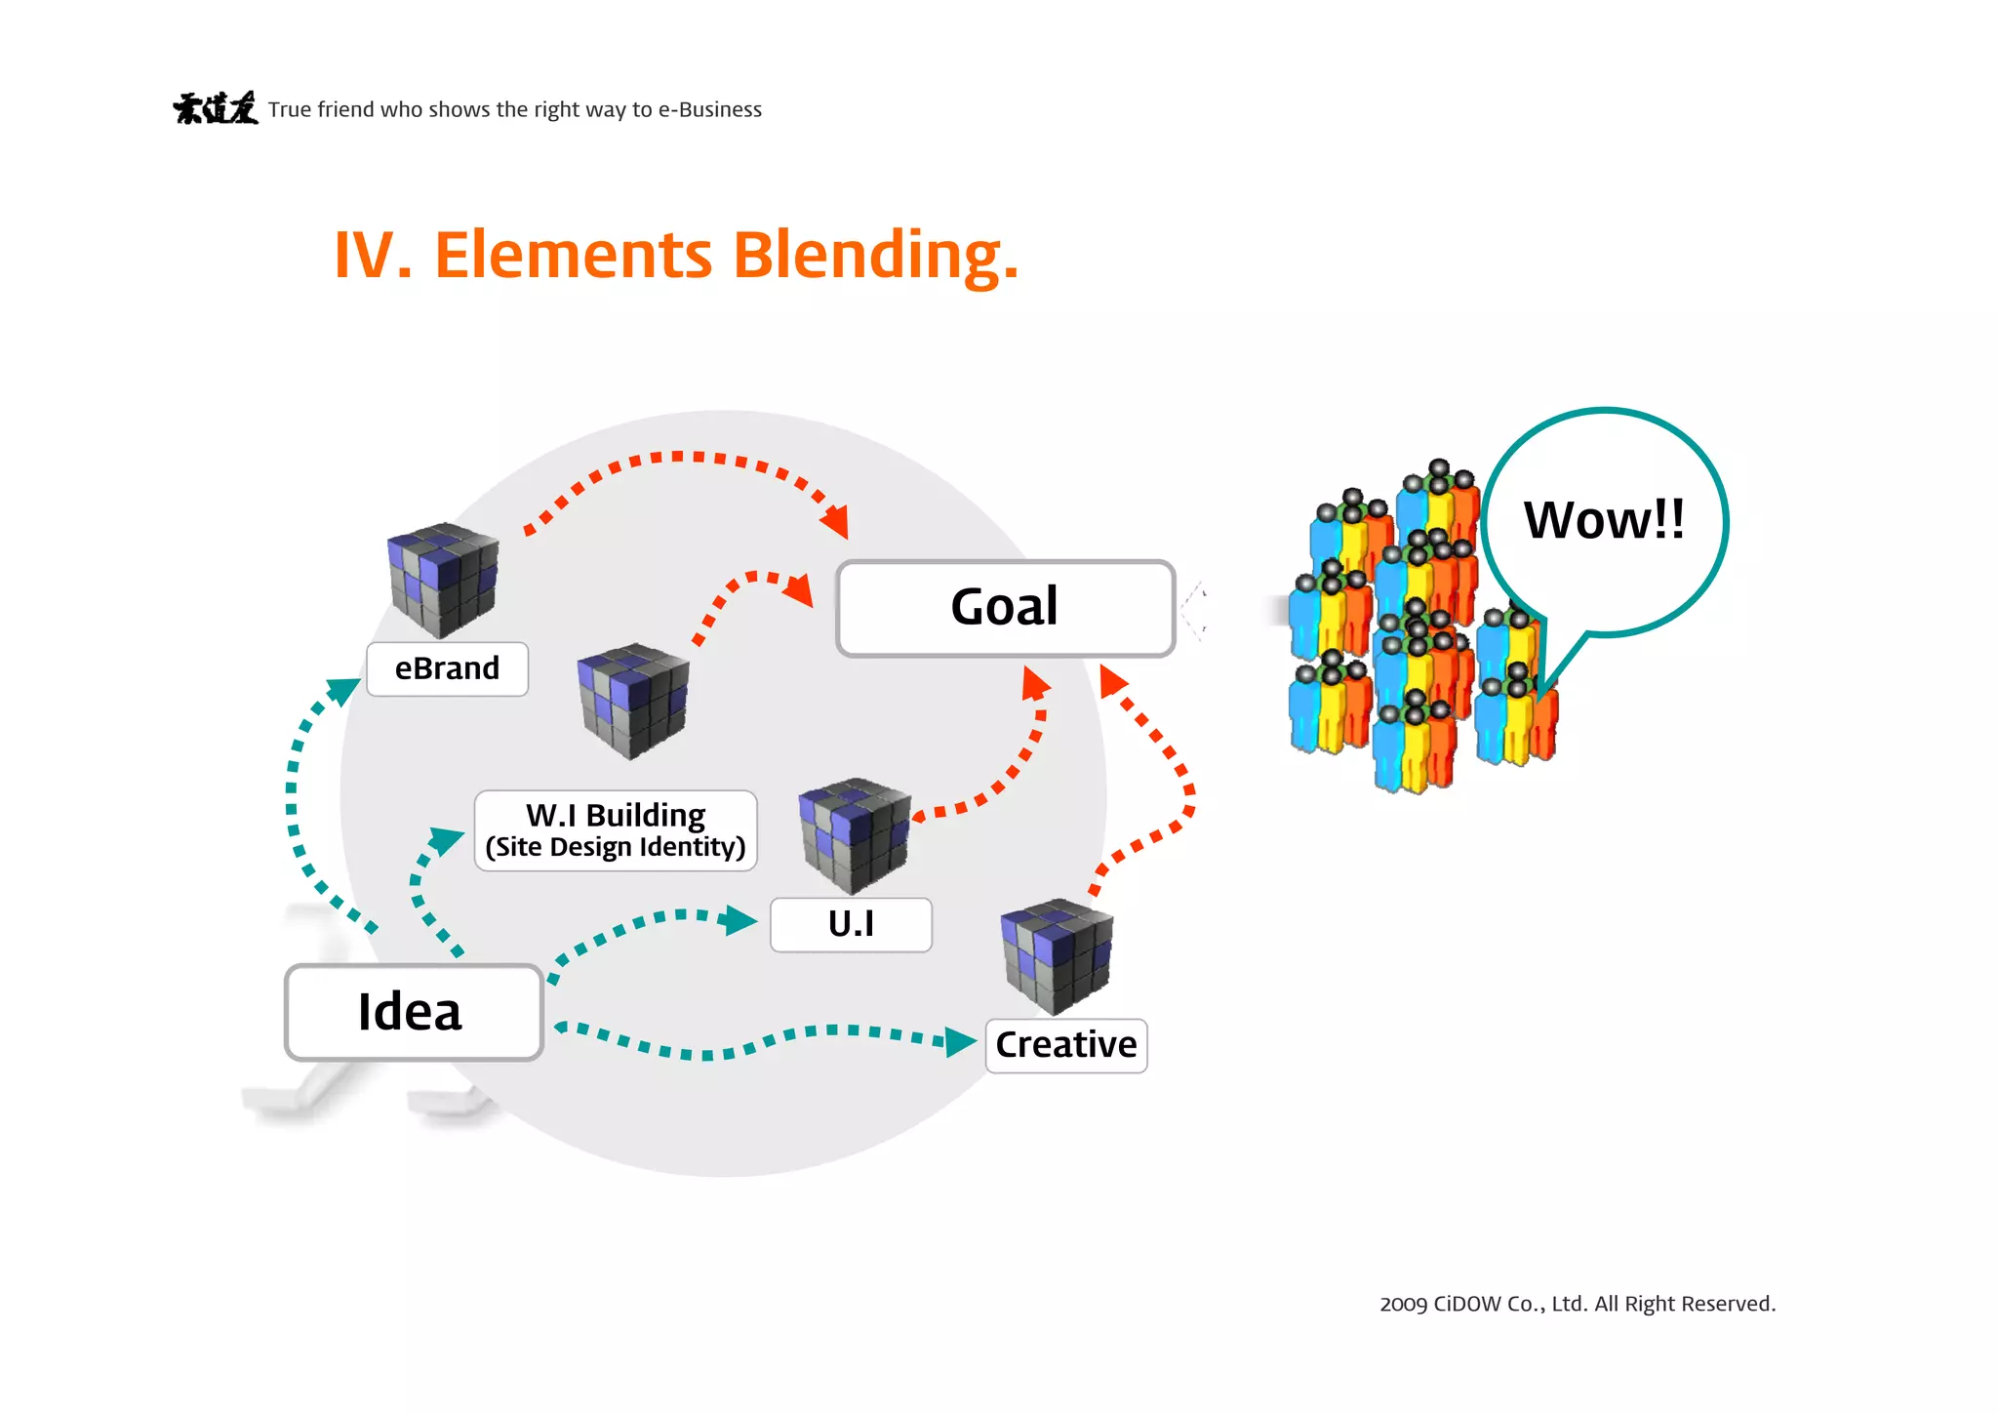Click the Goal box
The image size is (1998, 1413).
[1005, 608]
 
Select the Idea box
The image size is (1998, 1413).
[413, 1012]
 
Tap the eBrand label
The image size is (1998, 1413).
[447, 668]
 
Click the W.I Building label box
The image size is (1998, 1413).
[616, 830]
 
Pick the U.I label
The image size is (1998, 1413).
[851, 924]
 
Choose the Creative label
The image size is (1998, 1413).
[1065, 1045]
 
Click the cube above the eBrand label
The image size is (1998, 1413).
[444, 580]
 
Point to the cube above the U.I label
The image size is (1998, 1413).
[855, 834]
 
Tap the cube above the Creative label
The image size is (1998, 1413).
[1057, 956]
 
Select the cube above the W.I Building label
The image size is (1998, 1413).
[633, 700]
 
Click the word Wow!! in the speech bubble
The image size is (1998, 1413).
[1604, 520]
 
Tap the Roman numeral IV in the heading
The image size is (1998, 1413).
[372, 256]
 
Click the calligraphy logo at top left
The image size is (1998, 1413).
[216, 108]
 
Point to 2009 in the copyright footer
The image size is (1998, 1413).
[1403, 1305]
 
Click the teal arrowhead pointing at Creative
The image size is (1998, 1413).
[960, 1041]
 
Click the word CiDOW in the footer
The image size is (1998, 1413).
[1467, 1305]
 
